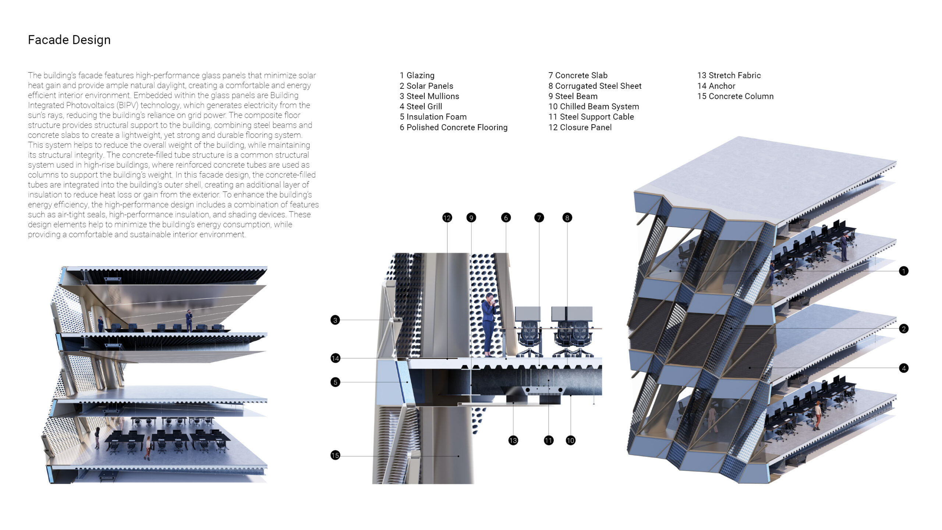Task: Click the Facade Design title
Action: pos(69,40)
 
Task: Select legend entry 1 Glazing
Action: pos(417,76)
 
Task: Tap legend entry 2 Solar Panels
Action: pos(426,86)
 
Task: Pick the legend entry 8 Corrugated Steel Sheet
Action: pos(595,86)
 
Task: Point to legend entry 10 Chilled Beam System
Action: pos(594,106)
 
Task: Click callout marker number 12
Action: pos(447,218)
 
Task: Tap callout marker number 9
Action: pos(471,218)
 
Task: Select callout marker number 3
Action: pos(335,320)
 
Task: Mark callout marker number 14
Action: pos(335,358)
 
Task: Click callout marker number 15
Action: pos(335,455)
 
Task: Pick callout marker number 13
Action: pos(513,441)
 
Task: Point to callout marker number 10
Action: pos(570,441)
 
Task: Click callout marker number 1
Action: pos(903,271)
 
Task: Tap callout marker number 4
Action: pos(903,368)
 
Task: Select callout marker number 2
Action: pos(903,329)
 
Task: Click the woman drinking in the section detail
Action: pos(489,324)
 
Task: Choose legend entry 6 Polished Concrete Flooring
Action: pos(453,127)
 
